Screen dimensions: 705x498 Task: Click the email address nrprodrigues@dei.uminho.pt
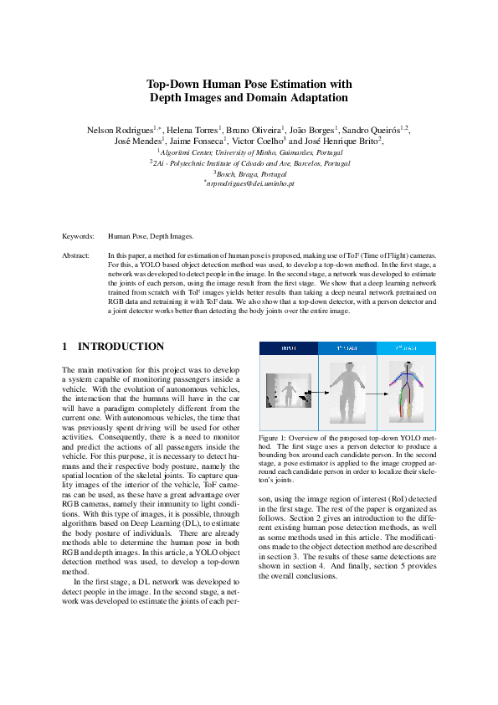[x=249, y=183]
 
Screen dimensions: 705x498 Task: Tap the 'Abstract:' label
[x=76, y=254]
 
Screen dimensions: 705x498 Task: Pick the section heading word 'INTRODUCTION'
[x=121, y=347]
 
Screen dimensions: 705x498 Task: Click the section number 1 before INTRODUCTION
[x=66, y=347]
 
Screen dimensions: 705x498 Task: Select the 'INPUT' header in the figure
[x=288, y=347]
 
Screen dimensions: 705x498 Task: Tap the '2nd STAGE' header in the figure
[x=407, y=347]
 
